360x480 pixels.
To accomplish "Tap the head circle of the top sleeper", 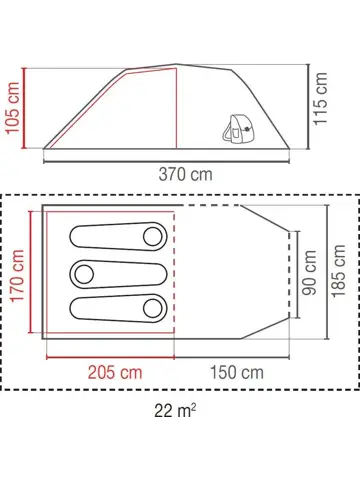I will (x=153, y=236).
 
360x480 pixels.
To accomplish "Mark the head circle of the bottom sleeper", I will (x=153, y=308).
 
